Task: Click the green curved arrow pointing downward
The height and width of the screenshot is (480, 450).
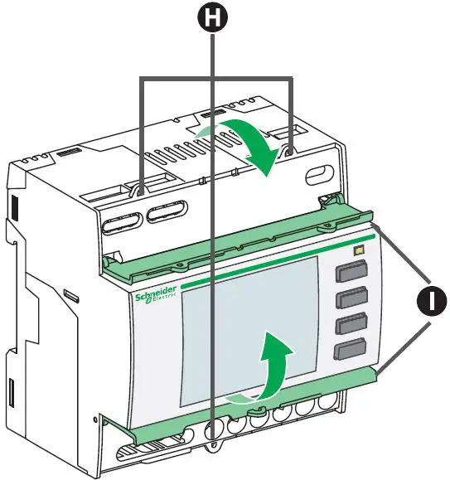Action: (249, 141)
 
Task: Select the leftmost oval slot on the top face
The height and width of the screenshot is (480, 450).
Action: (121, 224)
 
